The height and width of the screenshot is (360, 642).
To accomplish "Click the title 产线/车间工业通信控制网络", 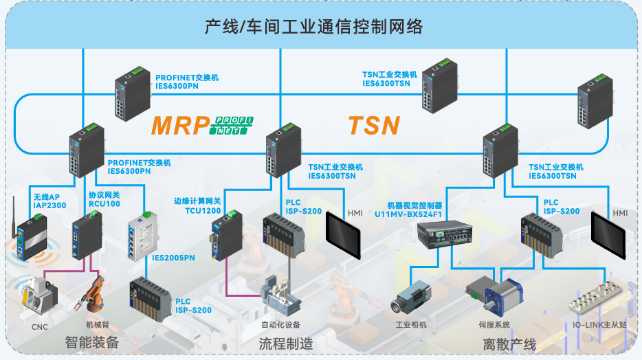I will (x=313, y=27).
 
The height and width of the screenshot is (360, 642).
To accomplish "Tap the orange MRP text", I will (x=180, y=125).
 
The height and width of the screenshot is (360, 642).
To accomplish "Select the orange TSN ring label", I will (x=374, y=125).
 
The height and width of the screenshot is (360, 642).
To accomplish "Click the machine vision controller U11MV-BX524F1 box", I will (x=445, y=237).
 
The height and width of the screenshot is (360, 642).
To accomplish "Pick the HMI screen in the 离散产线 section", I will (x=608, y=234).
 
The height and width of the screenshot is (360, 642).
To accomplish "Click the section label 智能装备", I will (x=92, y=342).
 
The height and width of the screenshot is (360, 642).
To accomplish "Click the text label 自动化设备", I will (x=280, y=324).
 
